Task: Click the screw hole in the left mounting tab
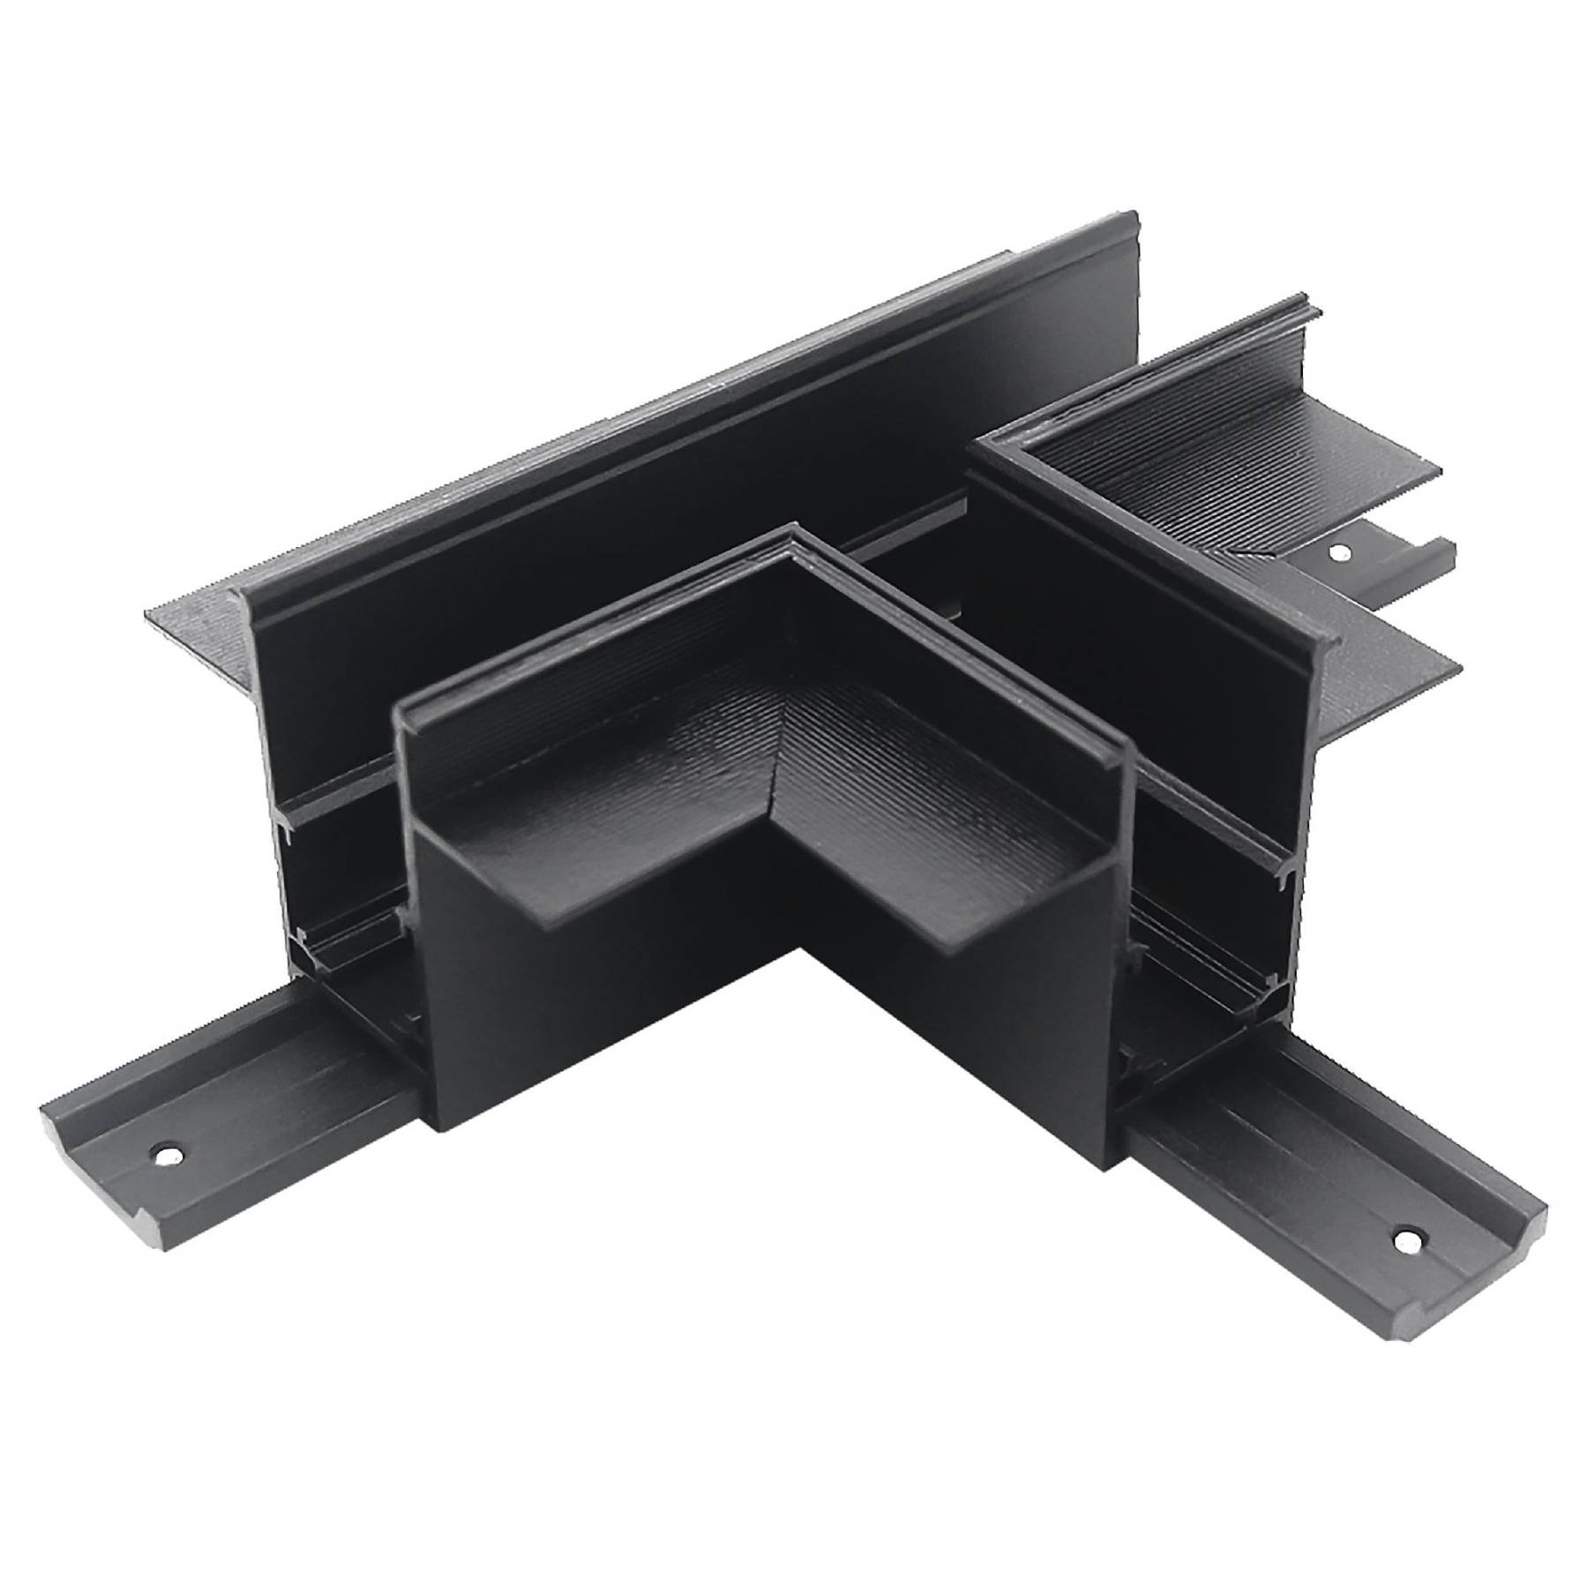point(166,1152)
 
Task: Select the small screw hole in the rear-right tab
point(1340,553)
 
